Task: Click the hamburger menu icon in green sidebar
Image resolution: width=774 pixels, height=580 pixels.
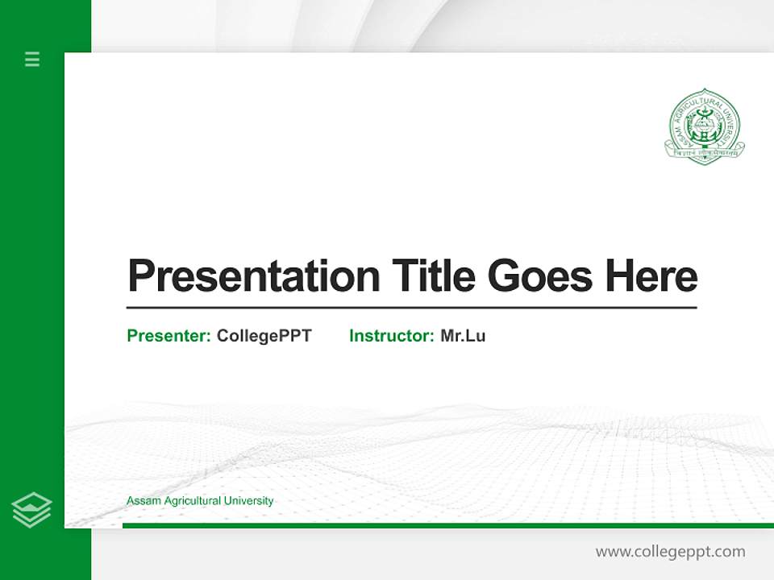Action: pos(32,59)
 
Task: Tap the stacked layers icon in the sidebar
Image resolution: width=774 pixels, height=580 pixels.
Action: pos(31,510)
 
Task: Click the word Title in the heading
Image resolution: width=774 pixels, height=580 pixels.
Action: pos(433,275)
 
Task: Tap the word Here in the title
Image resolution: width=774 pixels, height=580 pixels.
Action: pos(651,275)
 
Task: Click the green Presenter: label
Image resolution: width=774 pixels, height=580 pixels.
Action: pos(169,336)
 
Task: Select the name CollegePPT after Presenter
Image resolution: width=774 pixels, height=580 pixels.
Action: pos(264,336)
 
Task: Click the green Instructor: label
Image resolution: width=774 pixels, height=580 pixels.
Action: pos(392,336)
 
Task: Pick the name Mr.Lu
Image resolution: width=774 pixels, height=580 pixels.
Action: pos(463,336)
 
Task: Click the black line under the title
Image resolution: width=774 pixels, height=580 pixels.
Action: pos(411,308)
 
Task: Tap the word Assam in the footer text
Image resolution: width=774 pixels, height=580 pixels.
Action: pos(144,501)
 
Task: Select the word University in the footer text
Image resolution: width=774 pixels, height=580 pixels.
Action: pos(249,501)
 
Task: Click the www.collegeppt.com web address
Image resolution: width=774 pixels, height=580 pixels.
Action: pos(670,552)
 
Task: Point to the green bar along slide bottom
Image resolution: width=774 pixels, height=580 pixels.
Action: pos(443,525)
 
